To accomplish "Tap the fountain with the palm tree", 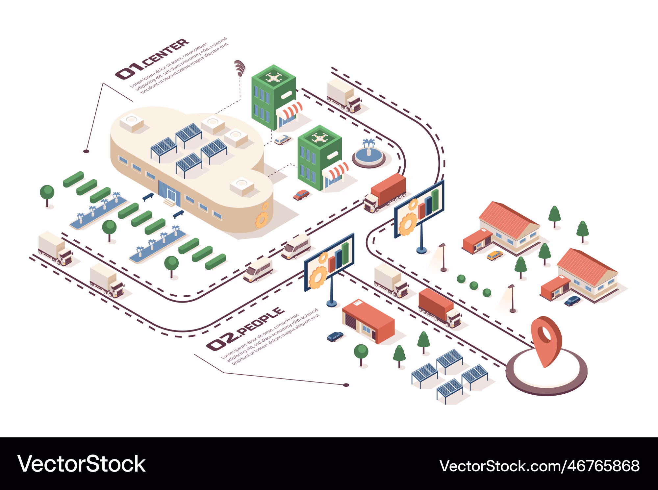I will [368, 155].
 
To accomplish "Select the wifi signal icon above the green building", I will [240, 67].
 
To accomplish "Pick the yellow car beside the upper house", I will [494, 255].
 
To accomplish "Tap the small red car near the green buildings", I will [301, 195].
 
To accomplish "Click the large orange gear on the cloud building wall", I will [262, 220].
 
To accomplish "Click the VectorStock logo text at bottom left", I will [81, 464].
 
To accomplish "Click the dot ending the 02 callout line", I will [346, 385].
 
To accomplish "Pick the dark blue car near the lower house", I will [572, 301].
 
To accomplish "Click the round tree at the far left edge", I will [47, 194].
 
